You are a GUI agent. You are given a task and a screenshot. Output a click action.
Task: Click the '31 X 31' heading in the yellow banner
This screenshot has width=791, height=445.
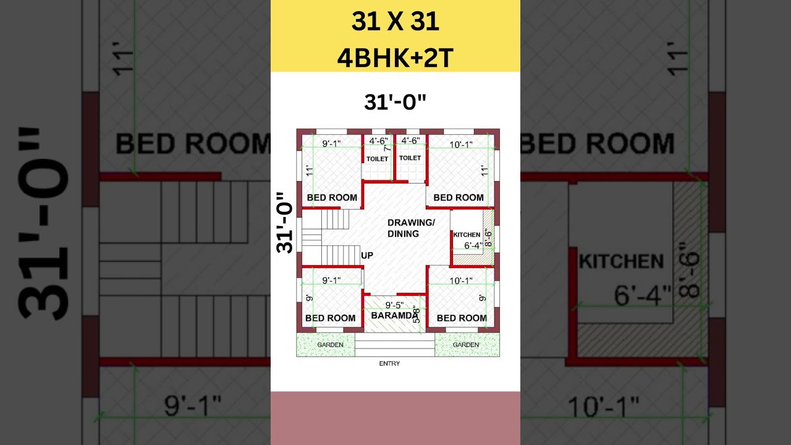click(x=395, y=22)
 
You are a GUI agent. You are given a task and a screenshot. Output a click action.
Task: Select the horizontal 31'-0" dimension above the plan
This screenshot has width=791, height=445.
click(x=395, y=102)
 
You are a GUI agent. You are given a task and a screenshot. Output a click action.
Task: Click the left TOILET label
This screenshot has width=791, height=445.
click(x=378, y=159)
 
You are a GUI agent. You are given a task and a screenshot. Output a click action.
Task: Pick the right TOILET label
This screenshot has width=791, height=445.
click(x=410, y=158)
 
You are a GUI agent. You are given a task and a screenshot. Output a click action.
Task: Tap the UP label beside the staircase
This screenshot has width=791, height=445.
click(x=367, y=255)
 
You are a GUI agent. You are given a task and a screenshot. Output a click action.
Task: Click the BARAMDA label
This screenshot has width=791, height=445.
click(x=394, y=316)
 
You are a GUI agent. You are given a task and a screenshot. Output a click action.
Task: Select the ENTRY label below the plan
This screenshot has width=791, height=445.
click(x=389, y=363)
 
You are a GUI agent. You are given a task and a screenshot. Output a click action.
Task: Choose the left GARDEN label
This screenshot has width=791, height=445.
click(x=330, y=345)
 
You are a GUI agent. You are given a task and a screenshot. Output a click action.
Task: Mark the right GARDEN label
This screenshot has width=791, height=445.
click(x=465, y=345)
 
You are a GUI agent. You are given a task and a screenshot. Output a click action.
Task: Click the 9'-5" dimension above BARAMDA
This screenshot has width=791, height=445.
click(x=395, y=305)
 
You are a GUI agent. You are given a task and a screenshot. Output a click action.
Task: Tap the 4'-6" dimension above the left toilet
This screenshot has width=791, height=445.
click(x=378, y=141)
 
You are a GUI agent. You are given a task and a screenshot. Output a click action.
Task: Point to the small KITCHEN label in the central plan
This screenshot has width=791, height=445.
click(x=467, y=235)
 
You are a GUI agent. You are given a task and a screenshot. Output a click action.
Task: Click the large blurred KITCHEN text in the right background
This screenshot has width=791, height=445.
click(x=621, y=261)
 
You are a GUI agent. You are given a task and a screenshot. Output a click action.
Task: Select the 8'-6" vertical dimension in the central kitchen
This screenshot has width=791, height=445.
click(x=488, y=238)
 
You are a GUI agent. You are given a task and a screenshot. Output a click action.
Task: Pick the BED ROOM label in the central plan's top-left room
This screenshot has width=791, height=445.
click(x=332, y=198)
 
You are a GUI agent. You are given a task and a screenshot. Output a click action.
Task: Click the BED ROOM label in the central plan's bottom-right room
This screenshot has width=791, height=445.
click(x=462, y=318)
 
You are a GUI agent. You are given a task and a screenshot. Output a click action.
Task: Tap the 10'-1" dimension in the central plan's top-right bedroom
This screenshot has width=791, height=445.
click(x=461, y=145)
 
